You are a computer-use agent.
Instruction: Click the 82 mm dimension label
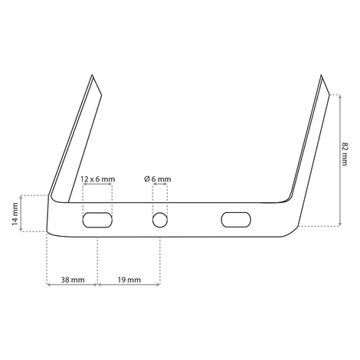[345, 154]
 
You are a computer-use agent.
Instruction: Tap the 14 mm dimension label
[15, 214]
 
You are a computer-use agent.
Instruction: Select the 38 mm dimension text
[73, 280]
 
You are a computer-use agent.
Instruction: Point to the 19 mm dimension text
[129, 280]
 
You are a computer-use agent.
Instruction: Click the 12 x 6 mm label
[98, 179]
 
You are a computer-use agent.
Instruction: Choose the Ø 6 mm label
[158, 179]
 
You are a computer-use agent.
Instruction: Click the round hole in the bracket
[160, 220]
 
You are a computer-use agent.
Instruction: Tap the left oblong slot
[97, 220]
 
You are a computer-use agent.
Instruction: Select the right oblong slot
[236, 220]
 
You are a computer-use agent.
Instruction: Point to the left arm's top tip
[92, 75]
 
